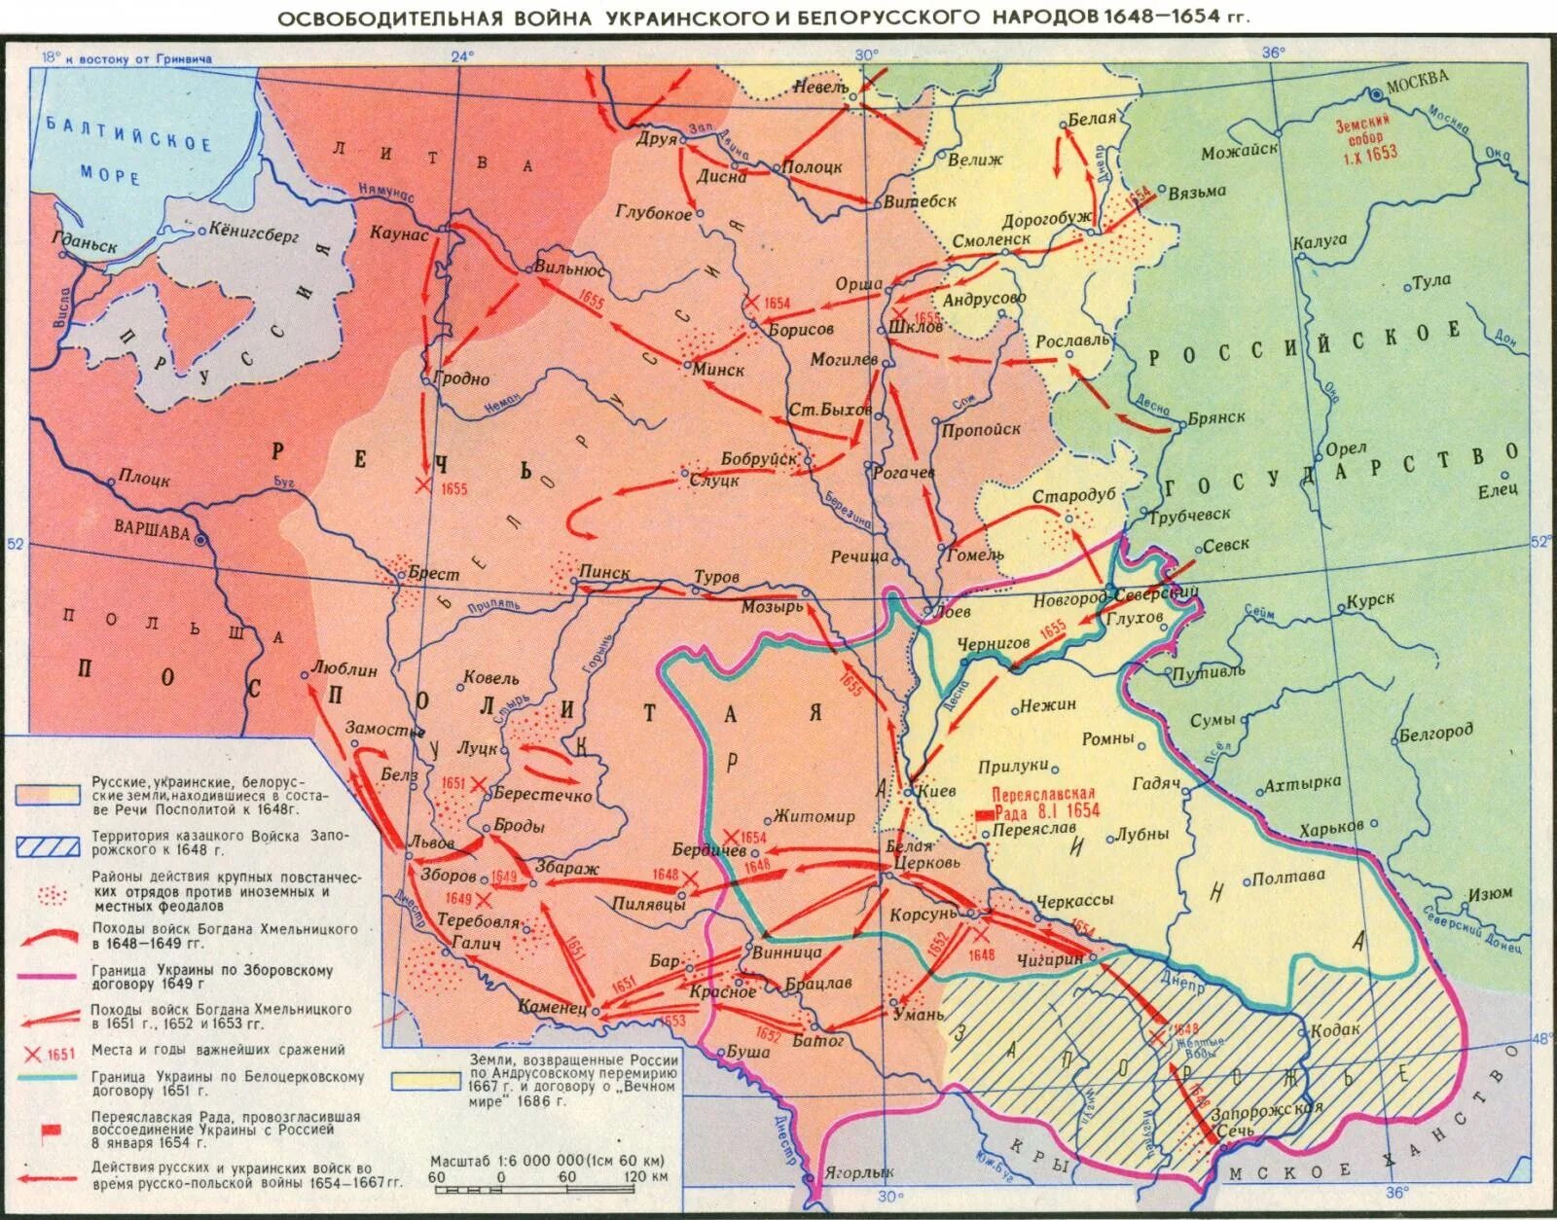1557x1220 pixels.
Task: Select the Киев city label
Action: tap(935, 791)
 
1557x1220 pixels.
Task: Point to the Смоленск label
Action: tap(991, 239)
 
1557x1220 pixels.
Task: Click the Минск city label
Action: tap(719, 370)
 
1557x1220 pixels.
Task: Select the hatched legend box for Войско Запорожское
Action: tap(47, 844)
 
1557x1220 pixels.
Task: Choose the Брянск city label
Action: tap(1215, 416)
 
